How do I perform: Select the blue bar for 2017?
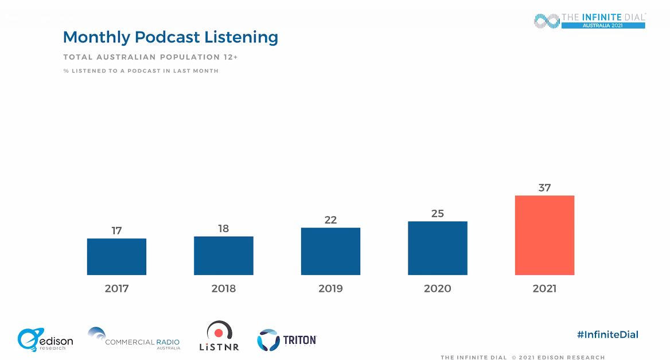coord(116,257)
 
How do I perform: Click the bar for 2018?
coord(224,256)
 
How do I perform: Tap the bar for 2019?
coord(330,252)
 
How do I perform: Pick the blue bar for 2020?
coord(438,248)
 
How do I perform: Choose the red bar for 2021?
coord(544,235)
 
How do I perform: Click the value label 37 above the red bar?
coord(544,187)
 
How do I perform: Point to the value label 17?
coord(116,230)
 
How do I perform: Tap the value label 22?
coord(330,220)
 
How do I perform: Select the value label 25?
coord(438,213)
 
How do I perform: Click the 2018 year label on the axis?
coord(224,288)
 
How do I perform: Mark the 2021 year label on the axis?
coord(544,288)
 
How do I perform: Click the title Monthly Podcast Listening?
coord(170,37)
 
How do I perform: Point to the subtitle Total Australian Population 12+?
coord(150,57)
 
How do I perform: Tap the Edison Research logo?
coord(45,339)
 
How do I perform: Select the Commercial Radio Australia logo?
coord(134,339)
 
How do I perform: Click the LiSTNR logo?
coord(219,336)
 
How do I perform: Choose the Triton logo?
coord(287,340)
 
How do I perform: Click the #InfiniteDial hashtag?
coord(607,335)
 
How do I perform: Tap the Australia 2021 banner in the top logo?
coord(602,26)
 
